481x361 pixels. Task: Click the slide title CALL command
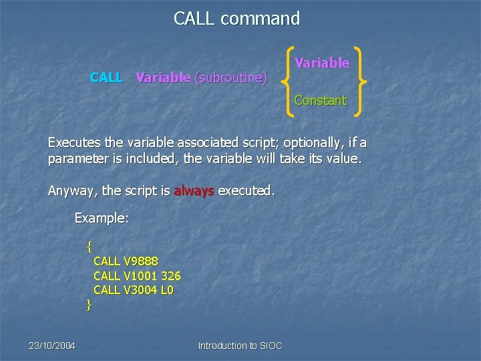tap(237, 19)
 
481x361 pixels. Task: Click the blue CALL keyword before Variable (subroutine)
tap(106, 78)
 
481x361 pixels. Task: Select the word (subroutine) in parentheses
tap(230, 78)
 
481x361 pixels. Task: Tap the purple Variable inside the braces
tap(322, 63)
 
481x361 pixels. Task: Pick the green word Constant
tap(321, 101)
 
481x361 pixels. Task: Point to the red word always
tap(194, 191)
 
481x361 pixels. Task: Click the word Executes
tap(75, 142)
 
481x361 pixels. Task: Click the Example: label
tap(101, 218)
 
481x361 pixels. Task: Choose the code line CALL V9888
tap(126, 261)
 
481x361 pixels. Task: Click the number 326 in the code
tap(170, 275)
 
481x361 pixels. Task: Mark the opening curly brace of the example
tap(89, 247)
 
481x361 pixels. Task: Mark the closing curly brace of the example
tap(89, 305)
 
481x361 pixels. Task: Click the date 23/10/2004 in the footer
tap(52, 346)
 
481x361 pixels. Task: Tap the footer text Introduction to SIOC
tap(240, 346)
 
